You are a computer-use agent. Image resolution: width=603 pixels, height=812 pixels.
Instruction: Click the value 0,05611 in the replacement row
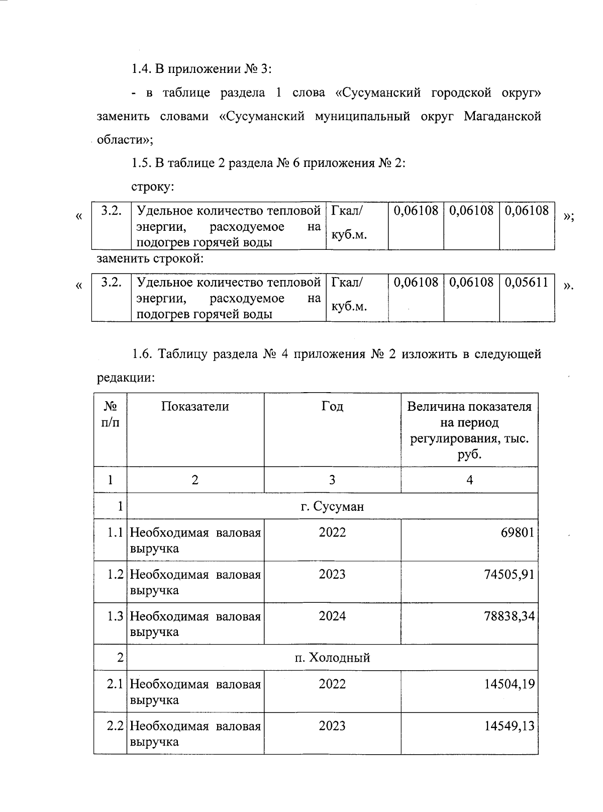(x=526, y=282)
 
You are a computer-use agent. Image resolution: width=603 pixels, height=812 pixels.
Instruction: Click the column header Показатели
(x=195, y=406)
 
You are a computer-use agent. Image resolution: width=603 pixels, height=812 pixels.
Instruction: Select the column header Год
(x=332, y=406)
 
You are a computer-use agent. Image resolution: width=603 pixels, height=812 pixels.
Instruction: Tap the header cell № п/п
(x=110, y=414)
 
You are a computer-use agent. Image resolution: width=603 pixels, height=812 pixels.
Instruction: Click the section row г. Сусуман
(x=332, y=506)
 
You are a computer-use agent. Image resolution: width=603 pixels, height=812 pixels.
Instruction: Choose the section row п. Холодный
(x=332, y=658)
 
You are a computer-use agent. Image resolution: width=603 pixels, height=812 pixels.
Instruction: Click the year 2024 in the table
(x=332, y=616)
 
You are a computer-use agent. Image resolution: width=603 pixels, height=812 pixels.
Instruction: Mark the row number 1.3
(x=115, y=616)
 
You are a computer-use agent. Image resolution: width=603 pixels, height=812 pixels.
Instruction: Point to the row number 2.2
(x=115, y=726)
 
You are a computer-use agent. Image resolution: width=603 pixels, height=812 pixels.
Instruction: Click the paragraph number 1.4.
(x=141, y=69)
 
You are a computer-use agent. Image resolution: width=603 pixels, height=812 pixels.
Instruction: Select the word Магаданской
(x=502, y=116)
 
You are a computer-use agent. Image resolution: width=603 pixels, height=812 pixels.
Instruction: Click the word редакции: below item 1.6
(x=126, y=378)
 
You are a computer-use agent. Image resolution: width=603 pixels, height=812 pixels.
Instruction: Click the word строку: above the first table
(x=153, y=187)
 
